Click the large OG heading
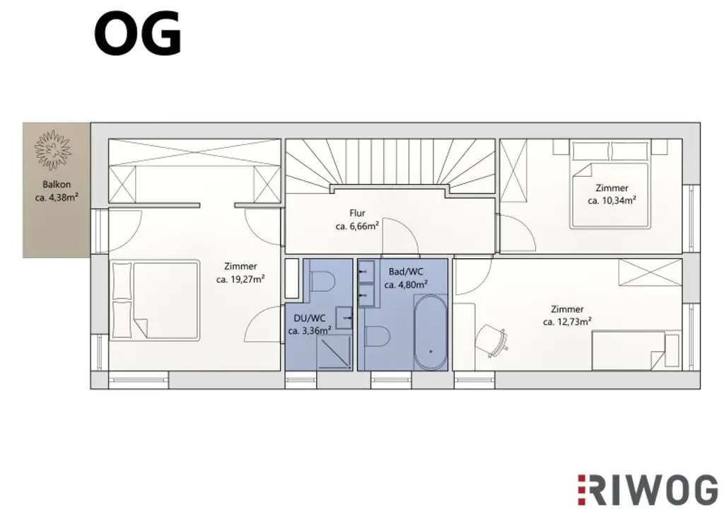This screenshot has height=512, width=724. point(138,34)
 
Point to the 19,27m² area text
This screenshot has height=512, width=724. point(240,279)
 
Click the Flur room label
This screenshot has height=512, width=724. point(357,213)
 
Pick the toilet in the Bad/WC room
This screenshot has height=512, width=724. point(376,337)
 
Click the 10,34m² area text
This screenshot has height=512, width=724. point(612,200)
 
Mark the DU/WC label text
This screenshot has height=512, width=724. point(309,318)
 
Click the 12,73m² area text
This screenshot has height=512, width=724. point(567,322)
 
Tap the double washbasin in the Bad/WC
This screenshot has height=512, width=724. point(366,284)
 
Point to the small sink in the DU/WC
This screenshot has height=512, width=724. point(344,318)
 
